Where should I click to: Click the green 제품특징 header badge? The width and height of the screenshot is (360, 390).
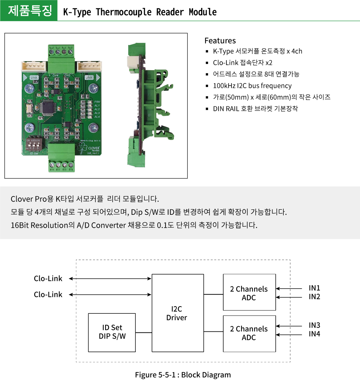coord(29,11)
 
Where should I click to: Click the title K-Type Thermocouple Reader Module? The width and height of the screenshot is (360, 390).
coord(140,12)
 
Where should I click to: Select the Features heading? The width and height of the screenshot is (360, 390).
coord(220,41)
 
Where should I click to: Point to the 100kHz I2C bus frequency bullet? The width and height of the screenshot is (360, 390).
coord(252,86)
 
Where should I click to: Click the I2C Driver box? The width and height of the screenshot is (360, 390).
coord(177,313)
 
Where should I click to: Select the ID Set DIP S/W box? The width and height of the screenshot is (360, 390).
coord(112,332)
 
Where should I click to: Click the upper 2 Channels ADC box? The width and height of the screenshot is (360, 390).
coord(249,292)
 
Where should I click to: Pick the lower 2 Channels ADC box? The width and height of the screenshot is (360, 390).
coord(249,333)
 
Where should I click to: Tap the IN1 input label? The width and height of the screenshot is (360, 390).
coord(314,288)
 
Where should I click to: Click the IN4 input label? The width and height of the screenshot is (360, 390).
coord(314,334)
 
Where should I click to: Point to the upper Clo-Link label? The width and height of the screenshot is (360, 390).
coord(48,278)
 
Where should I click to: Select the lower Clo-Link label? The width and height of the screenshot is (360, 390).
coord(48,294)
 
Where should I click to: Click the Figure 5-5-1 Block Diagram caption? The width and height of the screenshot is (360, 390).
coord(183,375)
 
